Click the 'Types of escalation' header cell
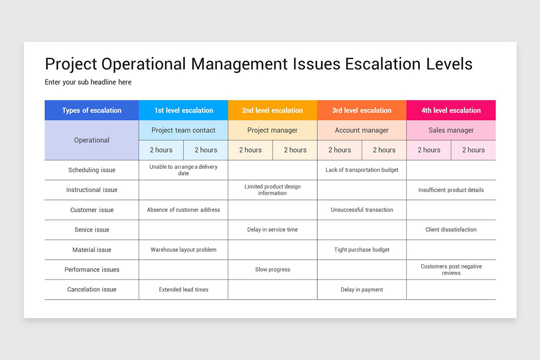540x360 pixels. click(x=92, y=110)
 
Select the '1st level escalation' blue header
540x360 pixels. click(x=184, y=110)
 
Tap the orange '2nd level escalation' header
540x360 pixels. click(x=273, y=110)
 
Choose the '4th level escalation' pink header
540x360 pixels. click(x=451, y=110)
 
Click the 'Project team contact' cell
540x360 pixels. click(x=184, y=130)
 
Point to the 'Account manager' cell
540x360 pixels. click(x=362, y=130)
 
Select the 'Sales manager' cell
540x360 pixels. click(x=451, y=130)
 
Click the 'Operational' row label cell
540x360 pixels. click(x=92, y=140)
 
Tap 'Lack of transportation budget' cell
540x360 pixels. click(x=362, y=170)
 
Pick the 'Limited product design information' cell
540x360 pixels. click(x=273, y=190)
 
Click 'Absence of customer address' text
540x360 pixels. click(x=184, y=210)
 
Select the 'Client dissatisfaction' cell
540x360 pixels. click(x=451, y=229)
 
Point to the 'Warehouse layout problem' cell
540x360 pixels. click(x=184, y=250)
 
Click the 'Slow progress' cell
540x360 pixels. click(x=273, y=270)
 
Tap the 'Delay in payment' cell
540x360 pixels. click(x=362, y=289)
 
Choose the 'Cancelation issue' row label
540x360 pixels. click(x=92, y=289)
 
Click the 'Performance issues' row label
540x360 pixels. click(x=92, y=270)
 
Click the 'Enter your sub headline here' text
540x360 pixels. click(x=88, y=82)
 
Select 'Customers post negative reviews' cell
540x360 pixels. click(x=451, y=270)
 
